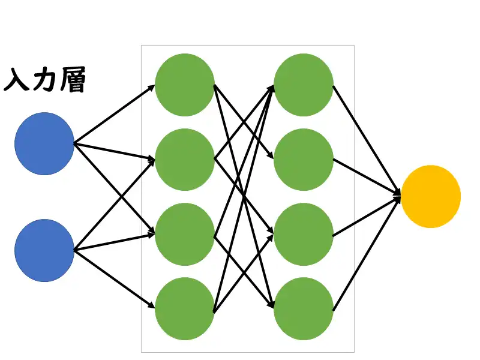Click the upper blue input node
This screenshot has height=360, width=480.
point(44,143)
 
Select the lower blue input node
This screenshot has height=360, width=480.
point(44,250)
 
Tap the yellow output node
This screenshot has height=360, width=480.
point(431,196)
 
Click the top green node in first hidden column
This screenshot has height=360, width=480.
point(184,85)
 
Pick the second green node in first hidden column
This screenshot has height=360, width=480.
point(184,160)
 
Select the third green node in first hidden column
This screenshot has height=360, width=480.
point(184,234)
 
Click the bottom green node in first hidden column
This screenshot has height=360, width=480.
point(184,308)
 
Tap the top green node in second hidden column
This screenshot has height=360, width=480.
point(304,85)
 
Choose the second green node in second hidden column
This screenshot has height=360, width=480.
point(304,160)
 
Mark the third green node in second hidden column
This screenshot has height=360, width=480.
point(304,234)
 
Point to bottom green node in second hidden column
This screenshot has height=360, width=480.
point(304,308)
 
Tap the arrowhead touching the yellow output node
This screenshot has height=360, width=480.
point(397,194)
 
